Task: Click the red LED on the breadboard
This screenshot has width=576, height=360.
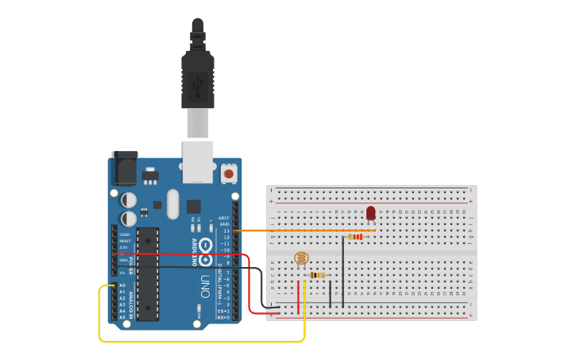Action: pyautogui.click(x=370, y=212)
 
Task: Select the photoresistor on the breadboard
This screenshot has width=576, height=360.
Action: pyautogui.click(x=300, y=258)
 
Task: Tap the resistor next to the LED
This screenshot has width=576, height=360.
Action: pyautogui.click(x=355, y=236)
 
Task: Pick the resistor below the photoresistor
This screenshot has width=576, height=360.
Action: pyautogui.click(x=318, y=275)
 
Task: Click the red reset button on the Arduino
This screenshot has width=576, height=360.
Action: pyautogui.click(x=229, y=172)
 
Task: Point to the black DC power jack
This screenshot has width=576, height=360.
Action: pyautogui.click(x=124, y=168)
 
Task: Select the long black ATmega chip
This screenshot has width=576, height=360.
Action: pyautogui.click(x=147, y=274)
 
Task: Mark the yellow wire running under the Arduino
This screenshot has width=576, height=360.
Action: pyautogui.click(x=199, y=342)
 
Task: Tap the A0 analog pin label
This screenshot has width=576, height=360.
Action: pyautogui.click(x=122, y=285)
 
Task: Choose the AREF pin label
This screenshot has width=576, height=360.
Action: pyautogui.click(x=225, y=218)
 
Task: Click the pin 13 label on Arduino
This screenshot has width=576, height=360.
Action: pyautogui.click(x=226, y=230)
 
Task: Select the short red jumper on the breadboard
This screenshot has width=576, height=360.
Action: pyautogui.click(x=299, y=297)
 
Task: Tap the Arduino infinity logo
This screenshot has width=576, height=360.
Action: pyautogui.click(x=206, y=250)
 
